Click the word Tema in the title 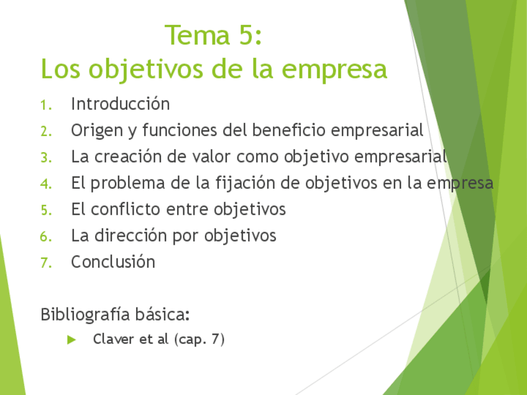coord(197,35)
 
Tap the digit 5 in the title coord(246,35)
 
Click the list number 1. coord(46,105)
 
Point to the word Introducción coord(121,104)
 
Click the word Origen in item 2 coord(97,130)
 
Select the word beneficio coord(289,130)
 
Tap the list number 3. coord(46,158)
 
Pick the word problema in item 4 coord(128,183)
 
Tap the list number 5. coord(46,211)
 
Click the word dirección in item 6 coord(131,235)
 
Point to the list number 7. coord(46,263)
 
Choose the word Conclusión coord(113,261)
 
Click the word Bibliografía coord(85,315)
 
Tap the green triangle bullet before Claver coord(71,340)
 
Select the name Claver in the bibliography coord(113,339)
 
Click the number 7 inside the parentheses coord(216,339)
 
